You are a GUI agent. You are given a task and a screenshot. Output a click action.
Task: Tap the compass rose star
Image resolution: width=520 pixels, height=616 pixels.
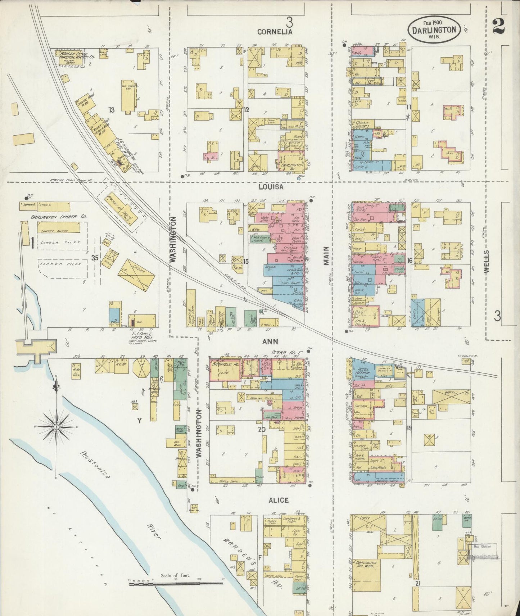(x=56, y=427)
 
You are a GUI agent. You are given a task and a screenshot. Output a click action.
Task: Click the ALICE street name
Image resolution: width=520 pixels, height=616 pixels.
(x=278, y=500)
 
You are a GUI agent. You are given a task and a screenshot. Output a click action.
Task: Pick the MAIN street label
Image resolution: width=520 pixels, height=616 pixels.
(x=326, y=256)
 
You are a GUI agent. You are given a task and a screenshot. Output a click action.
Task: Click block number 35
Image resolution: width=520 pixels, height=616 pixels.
(x=95, y=258)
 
